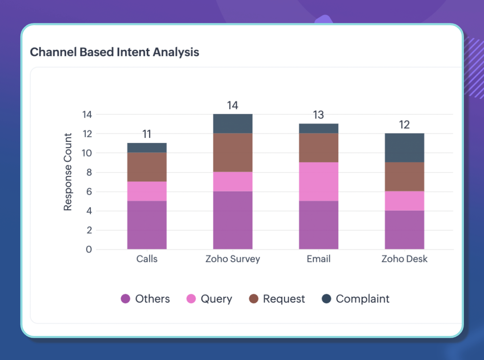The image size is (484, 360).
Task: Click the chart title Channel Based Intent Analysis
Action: click(x=115, y=52)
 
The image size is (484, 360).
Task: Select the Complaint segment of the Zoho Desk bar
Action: click(x=404, y=148)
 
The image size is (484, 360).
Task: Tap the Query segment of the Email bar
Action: click(x=318, y=181)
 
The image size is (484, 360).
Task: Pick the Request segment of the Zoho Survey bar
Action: click(x=233, y=153)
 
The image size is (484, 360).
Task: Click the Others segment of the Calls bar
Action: click(x=147, y=225)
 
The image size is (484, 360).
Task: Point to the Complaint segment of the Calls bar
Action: click(x=147, y=148)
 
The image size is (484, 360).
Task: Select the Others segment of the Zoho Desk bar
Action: click(x=404, y=230)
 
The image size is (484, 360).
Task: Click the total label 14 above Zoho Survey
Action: click(x=233, y=105)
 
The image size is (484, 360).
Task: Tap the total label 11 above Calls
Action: click(x=147, y=134)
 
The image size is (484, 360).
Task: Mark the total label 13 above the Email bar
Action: click(x=318, y=115)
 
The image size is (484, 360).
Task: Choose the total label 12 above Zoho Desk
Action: click(x=404, y=125)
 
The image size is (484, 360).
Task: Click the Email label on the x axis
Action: click(x=318, y=259)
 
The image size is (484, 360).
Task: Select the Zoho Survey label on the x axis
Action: click(x=233, y=259)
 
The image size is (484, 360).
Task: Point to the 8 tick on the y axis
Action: click(x=89, y=172)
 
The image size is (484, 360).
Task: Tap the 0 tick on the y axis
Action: click(x=89, y=249)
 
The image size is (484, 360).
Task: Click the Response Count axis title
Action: click(x=68, y=172)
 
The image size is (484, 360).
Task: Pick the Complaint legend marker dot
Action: click(x=326, y=299)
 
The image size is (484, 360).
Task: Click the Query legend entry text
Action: click(x=217, y=299)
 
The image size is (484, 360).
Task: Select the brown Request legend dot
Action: click(x=253, y=299)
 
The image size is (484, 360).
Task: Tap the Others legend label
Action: click(x=153, y=299)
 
